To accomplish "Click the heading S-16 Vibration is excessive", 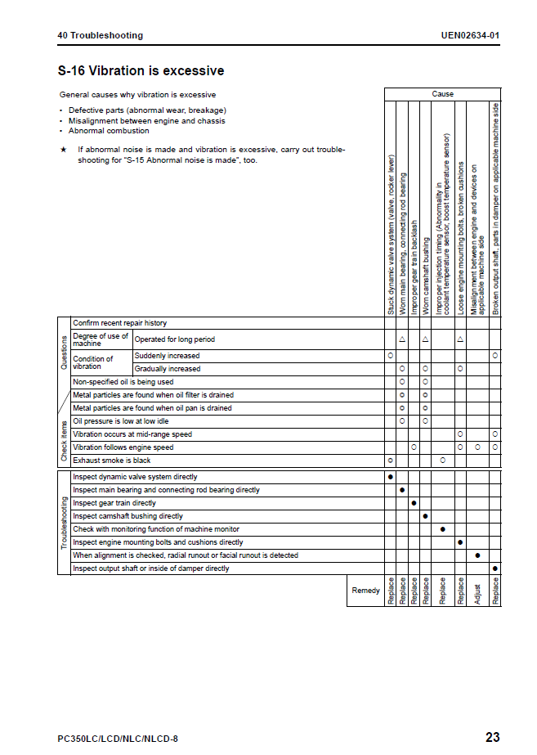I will (x=141, y=71).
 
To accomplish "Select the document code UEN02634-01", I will (x=470, y=35).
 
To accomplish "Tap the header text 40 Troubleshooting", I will (x=100, y=35).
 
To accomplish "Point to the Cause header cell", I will (x=442, y=94).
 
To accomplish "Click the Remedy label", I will (x=365, y=590).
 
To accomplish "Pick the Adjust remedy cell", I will (x=477, y=591).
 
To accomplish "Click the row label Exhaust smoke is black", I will (x=112, y=461).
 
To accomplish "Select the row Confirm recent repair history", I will (x=119, y=323).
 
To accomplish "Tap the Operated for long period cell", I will (x=175, y=339).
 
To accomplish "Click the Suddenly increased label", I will (x=167, y=356).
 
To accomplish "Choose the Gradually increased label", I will (x=168, y=369).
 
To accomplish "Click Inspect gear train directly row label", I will (x=114, y=503).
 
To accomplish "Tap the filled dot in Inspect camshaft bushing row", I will (x=425, y=516).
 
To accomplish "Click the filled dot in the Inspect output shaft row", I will (x=495, y=568).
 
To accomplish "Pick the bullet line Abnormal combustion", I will (x=109, y=131).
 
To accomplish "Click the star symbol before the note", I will (x=63, y=150).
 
